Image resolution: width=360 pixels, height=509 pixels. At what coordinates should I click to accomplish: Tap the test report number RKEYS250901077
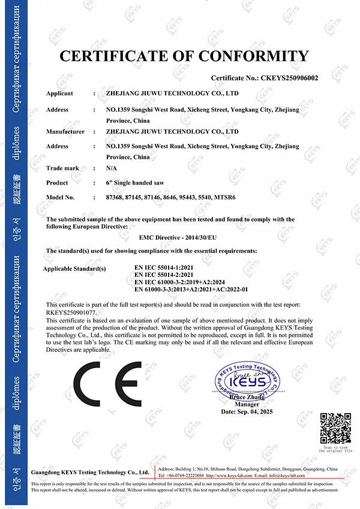point(71,312)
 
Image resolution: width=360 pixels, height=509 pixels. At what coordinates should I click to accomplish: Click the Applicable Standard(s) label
point(74,268)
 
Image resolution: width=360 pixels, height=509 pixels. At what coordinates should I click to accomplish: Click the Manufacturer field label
point(65,131)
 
